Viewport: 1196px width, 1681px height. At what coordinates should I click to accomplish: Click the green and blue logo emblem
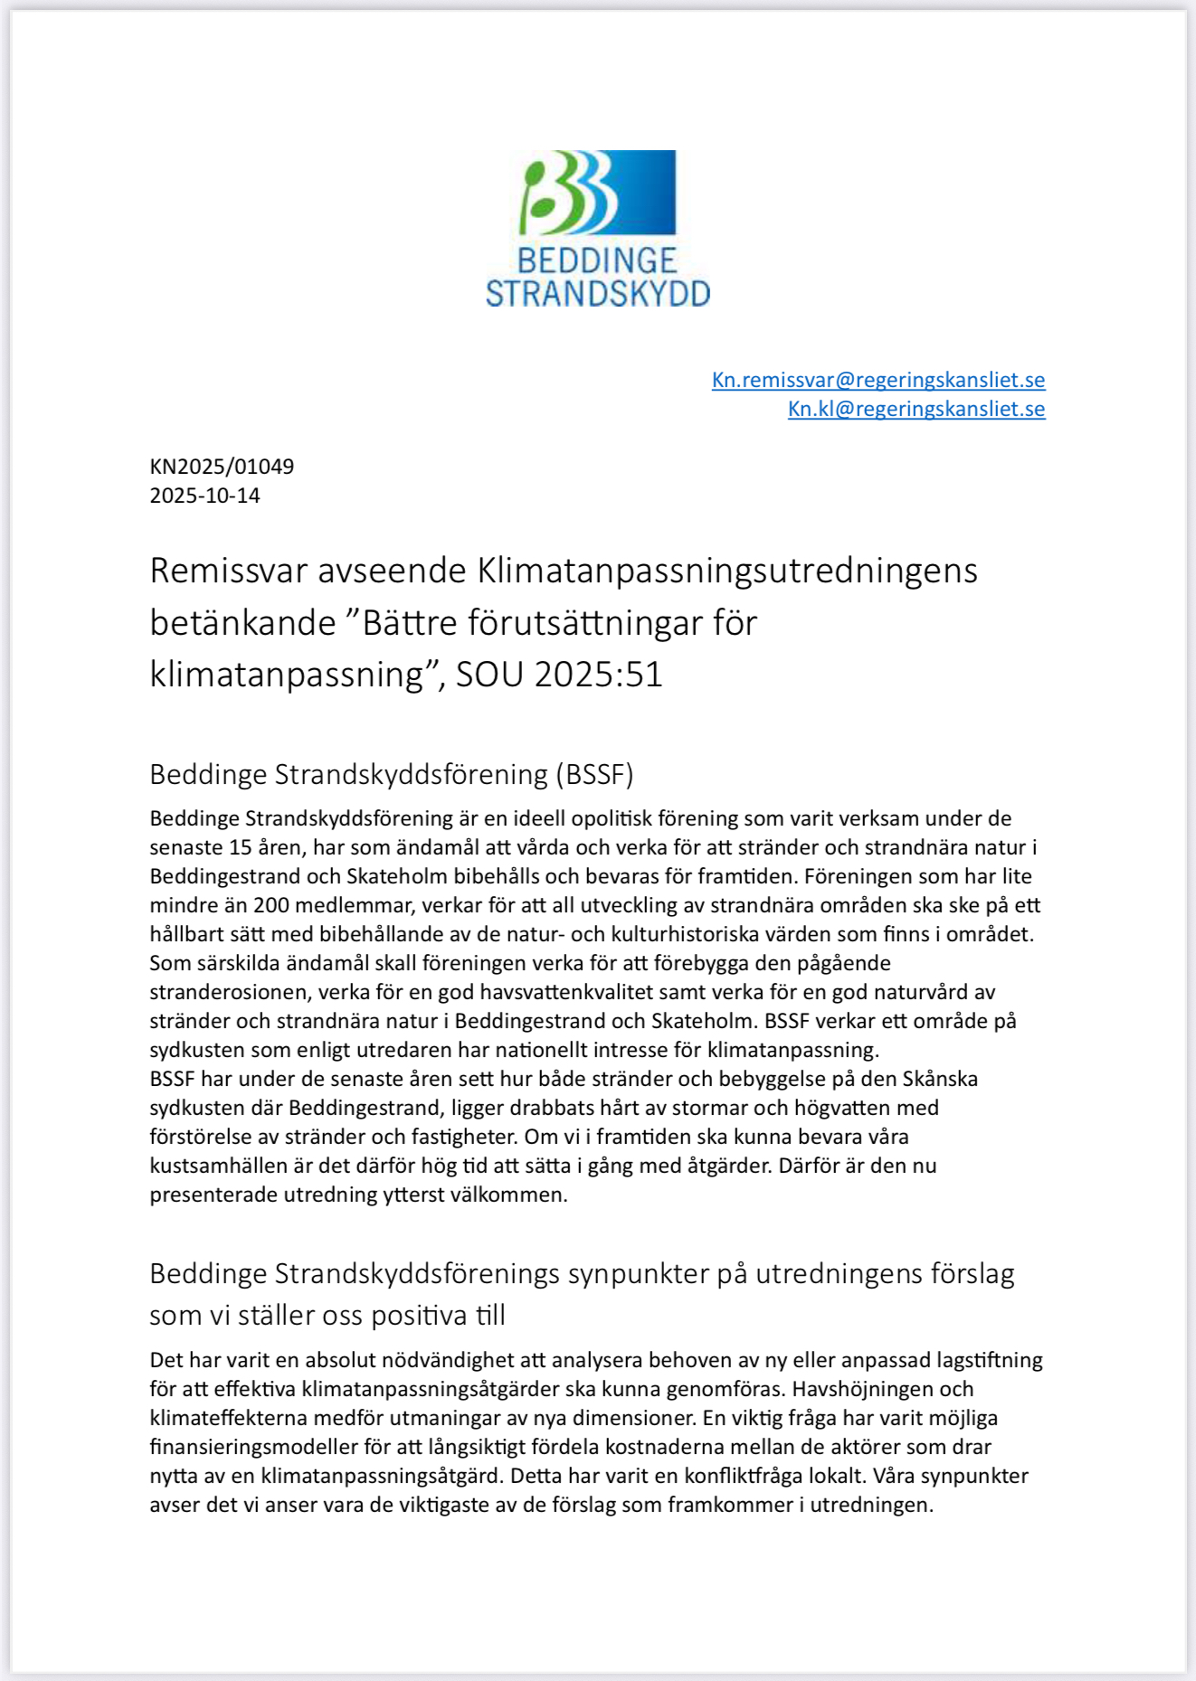(x=597, y=193)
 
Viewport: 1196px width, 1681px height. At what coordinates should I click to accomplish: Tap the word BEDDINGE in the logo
(x=597, y=261)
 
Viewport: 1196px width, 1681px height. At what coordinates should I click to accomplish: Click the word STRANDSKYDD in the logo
(x=597, y=294)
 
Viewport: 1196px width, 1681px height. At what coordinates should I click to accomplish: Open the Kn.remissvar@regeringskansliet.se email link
(x=878, y=380)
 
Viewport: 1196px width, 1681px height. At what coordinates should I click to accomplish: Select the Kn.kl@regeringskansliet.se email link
(x=916, y=409)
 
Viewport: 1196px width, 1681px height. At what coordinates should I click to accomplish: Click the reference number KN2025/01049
(x=222, y=467)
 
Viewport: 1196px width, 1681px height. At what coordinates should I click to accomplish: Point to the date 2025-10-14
(x=204, y=496)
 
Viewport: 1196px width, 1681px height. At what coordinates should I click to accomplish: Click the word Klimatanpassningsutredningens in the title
(x=726, y=571)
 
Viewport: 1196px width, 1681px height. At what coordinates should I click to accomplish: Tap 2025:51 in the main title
(x=598, y=675)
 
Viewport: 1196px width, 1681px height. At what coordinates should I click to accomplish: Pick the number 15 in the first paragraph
(x=241, y=847)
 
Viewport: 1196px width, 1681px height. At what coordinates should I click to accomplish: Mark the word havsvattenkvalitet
(x=566, y=992)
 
